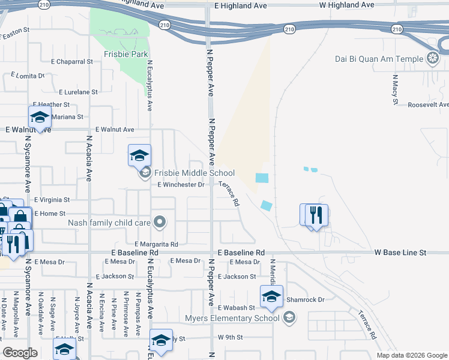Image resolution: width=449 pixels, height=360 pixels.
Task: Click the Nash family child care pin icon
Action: point(159,223)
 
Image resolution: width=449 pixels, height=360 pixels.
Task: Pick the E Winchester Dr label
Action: point(181,185)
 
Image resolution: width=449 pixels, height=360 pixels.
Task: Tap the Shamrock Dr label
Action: point(305,299)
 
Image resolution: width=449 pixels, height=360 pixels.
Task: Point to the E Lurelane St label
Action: point(78,92)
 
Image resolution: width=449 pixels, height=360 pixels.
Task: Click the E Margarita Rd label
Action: point(156,244)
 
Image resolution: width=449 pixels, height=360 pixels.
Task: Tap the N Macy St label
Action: point(395,90)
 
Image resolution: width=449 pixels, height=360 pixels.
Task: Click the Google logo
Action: point(20,353)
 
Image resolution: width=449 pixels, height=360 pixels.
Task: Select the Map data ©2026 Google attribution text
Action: point(411,355)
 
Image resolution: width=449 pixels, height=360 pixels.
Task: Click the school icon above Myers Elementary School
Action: point(271,296)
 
